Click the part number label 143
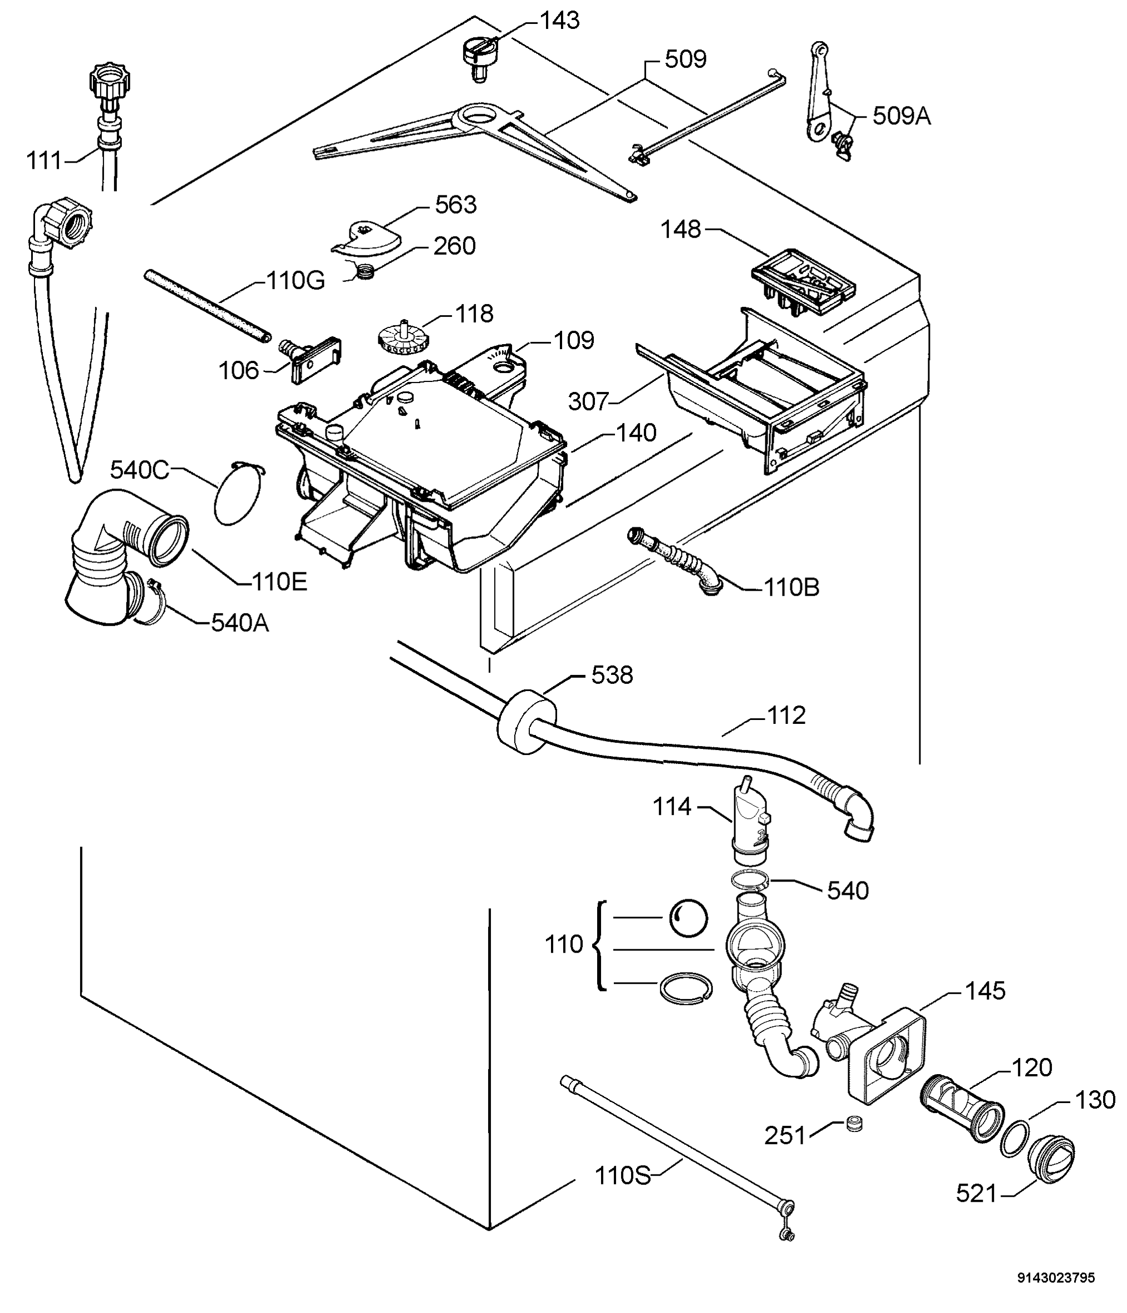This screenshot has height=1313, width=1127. pos(559,21)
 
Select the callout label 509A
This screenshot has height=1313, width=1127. pos(902,116)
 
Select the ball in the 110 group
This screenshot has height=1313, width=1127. pos(688,918)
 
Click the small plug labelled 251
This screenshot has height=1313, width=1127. pos(855,1124)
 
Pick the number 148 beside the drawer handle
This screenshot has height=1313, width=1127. pos(681,229)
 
